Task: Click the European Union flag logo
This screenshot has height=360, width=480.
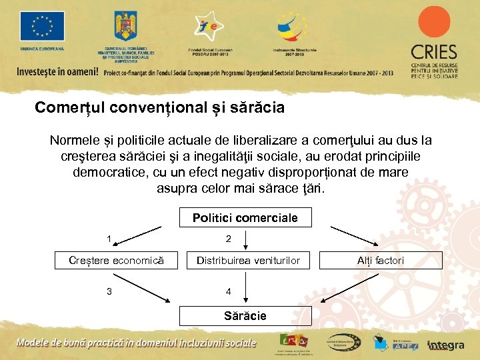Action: click(x=42, y=27)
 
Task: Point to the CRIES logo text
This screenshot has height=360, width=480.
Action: click(x=433, y=52)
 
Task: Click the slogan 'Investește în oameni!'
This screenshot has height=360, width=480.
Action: click(x=57, y=71)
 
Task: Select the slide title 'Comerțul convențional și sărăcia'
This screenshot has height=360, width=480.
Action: click(x=159, y=107)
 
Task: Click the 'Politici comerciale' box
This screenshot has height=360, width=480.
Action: click(x=245, y=218)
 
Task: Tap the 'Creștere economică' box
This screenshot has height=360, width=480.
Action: click(x=117, y=260)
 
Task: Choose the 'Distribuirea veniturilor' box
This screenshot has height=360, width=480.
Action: click(x=248, y=260)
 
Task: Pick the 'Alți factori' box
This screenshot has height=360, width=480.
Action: click(x=380, y=260)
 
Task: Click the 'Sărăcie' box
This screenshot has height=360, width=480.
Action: click(x=245, y=315)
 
